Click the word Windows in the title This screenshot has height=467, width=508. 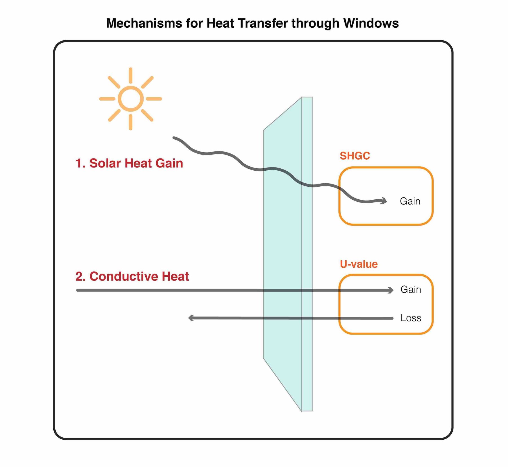click(371, 23)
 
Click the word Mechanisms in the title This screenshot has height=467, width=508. click(144, 23)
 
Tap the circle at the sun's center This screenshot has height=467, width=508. click(131, 99)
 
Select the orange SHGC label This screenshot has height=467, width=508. click(355, 156)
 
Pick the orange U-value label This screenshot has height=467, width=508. click(359, 264)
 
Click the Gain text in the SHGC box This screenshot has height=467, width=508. click(410, 201)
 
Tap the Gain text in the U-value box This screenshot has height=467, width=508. click(411, 289)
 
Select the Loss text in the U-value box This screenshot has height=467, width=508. click(411, 318)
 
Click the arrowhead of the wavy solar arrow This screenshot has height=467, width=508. click(384, 201)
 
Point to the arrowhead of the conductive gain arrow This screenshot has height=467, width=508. click(391, 290)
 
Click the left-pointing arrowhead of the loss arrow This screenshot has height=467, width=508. click(191, 318)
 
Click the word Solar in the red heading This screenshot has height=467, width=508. click(105, 163)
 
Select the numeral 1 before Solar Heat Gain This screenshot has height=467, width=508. click(79, 163)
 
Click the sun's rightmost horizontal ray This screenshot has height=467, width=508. click(154, 99)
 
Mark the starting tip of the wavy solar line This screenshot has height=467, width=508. click(174, 138)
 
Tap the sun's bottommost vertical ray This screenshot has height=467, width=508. click(131, 122)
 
